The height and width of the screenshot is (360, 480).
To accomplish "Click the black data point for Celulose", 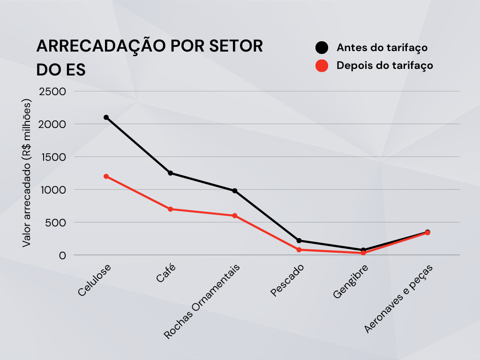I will (x=106, y=117).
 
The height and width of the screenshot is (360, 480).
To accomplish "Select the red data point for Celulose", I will (x=106, y=176).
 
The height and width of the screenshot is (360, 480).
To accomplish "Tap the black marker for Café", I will (x=170, y=173).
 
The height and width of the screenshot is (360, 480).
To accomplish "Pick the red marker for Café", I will (x=170, y=209).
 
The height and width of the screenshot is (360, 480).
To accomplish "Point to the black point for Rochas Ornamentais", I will (x=235, y=191).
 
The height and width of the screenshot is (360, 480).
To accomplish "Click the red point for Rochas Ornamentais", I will (x=235, y=216).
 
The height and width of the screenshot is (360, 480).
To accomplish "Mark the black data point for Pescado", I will (x=299, y=240).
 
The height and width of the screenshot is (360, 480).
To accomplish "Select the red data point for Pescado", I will (x=299, y=249).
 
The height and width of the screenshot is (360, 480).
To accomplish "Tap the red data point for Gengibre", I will (x=363, y=253).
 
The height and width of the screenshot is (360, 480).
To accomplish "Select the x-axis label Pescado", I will (x=288, y=281).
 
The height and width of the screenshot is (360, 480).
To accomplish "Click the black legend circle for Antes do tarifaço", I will (x=322, y=48).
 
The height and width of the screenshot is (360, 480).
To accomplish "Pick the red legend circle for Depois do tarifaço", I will (x=322, y=66).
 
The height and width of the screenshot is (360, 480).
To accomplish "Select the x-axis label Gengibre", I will (x=351, y=282).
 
